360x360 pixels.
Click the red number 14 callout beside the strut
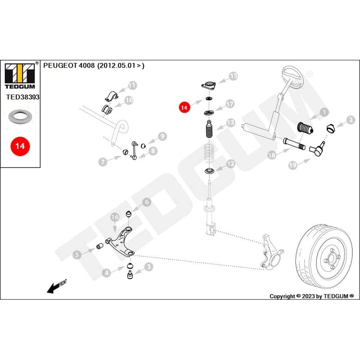coord(184,108)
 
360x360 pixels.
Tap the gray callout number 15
coord(233,76)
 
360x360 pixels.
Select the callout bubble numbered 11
coord(132,85)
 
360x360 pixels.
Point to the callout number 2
coord(351,120)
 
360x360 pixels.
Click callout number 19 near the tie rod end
coord(292,165)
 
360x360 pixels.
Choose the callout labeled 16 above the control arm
coord(115,217)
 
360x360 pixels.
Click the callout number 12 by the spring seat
coord(230,164)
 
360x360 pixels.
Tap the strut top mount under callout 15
coord(208,86)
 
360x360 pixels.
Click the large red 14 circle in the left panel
coord(20,146)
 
